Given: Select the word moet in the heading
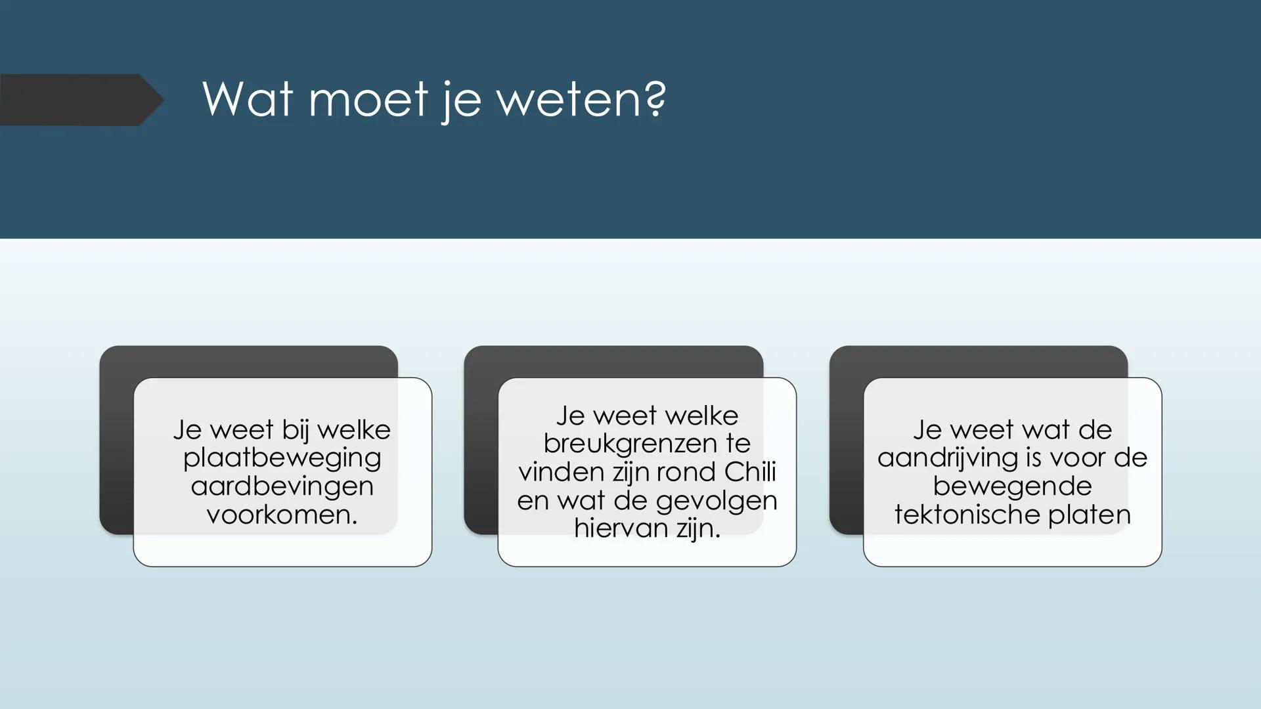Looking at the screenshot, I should (368, 100).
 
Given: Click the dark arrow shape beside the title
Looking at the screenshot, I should (79, 100).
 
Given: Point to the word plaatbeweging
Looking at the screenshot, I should (282, 458).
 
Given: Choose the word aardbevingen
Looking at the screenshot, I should (282, 486).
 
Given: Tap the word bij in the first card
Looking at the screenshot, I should (295, 431).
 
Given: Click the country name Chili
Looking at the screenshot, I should (750, 472).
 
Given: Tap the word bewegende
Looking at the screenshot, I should (1012, 486).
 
